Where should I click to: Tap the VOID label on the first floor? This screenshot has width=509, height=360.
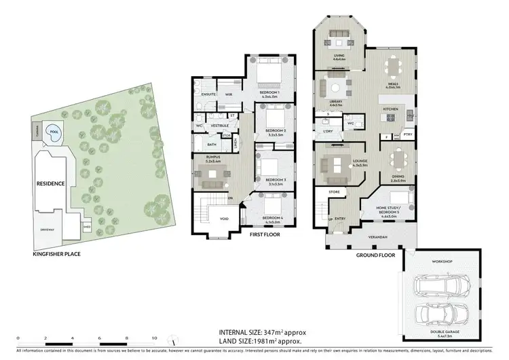(224, 219)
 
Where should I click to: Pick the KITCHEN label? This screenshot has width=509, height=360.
(390, 109)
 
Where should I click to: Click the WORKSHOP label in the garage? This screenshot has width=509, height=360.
(442, 261)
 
